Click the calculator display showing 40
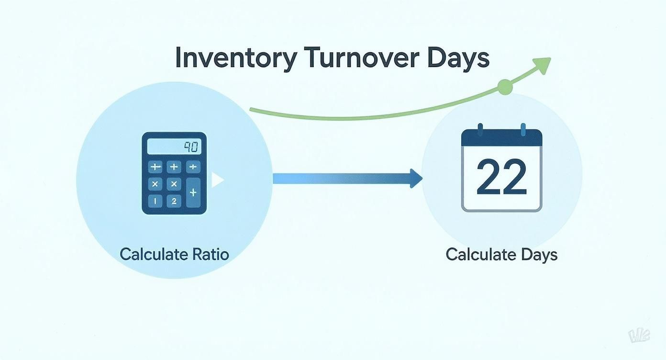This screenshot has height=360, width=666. (x=174, y=146)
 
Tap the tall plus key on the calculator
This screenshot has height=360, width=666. (x=193, y=192)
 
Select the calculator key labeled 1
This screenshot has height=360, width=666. (x=155, y=201)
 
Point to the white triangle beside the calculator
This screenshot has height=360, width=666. (x=217, y=180)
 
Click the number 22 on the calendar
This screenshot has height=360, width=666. (x=501, y=177)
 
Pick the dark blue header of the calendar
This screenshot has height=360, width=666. (x=501, y=139)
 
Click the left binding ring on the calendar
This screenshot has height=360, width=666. (x=480, y=129)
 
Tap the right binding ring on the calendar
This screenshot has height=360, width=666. (x=523, y=129)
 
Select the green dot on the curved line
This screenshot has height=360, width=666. (x=504, y=87)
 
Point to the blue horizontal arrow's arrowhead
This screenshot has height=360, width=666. (x=415, y=179)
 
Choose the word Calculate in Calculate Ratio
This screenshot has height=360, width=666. (x=149, y=254)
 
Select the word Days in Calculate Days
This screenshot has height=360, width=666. (x=539, y=255)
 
